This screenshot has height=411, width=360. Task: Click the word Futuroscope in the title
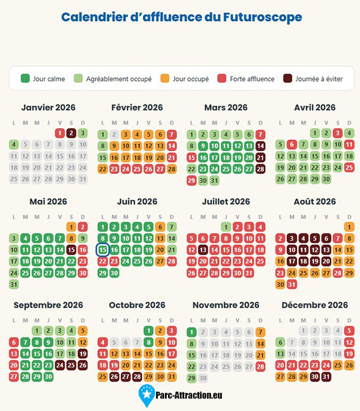pos(262,17)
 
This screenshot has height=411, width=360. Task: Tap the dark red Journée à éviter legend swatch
pos(287,79)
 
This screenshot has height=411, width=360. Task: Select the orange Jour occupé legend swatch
pos(164,79)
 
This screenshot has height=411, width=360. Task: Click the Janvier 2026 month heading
pos(48,107)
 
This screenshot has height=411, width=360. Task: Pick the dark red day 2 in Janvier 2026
pos(71,133)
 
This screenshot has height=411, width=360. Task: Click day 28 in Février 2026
pos(172,169)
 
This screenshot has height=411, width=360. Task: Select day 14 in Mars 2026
pos(260,146)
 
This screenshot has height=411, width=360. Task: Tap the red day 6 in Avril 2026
pos(292,145)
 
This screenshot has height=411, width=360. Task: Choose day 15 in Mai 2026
pos(71,250)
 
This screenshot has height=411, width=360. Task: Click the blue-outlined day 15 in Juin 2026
pos(103,250)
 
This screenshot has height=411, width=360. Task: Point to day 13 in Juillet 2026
pos(203,250)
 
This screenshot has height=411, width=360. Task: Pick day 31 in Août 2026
pos(292,284)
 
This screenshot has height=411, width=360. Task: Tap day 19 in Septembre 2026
pos(83,354)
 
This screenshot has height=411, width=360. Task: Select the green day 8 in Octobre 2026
pos(149,343)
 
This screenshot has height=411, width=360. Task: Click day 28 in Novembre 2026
pos(260,367)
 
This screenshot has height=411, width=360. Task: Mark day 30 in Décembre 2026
pos(314,377)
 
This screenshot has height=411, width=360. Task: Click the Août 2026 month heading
pos(314,202)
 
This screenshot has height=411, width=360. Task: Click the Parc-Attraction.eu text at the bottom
pos(189,395)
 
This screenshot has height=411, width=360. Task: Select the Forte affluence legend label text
pos(252,79)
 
